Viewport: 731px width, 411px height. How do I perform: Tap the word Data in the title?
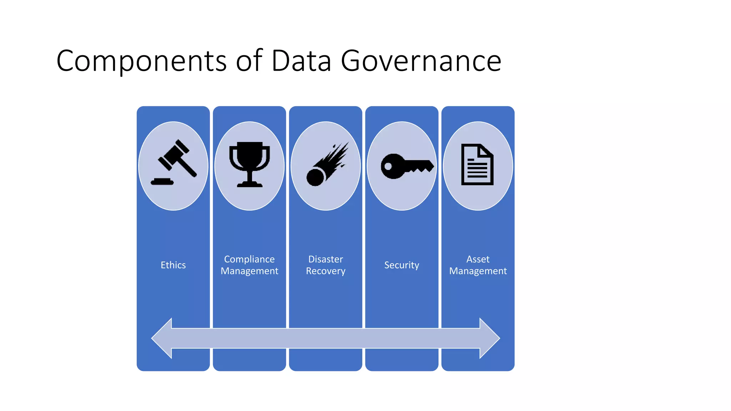[301, 61]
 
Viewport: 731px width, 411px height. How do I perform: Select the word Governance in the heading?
[421, 61]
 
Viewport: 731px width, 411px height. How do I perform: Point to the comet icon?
[326, 165]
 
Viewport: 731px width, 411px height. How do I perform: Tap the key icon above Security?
[407, 166]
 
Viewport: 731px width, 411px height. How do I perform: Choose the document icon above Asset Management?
[477, 164]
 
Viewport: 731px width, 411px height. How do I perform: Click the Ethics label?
[173, 265]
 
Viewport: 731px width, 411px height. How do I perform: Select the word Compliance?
[249, 259]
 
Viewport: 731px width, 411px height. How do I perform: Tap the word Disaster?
[326, 259]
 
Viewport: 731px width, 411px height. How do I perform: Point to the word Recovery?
[326, 271]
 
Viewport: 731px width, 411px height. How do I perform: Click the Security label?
[402, 265]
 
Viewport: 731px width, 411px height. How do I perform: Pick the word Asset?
[478, 259]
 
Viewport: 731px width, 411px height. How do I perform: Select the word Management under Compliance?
[249, 271]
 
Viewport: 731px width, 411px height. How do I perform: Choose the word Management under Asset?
[478, 271]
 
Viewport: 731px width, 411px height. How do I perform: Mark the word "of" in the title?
[249, 61]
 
